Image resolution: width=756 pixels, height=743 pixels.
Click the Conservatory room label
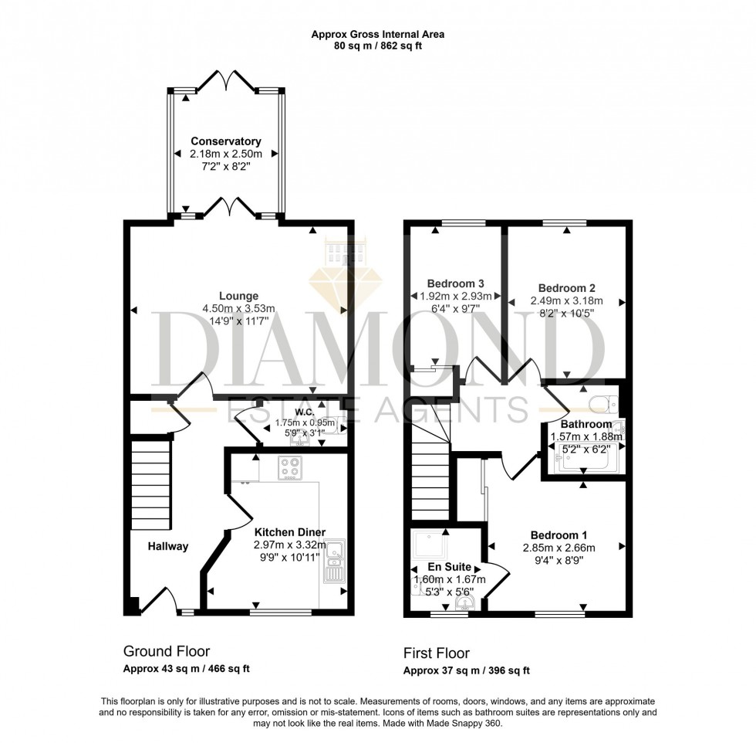[226, 141]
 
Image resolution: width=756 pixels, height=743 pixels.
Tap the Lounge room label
[238, 296]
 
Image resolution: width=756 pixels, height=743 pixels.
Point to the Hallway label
[167, 546]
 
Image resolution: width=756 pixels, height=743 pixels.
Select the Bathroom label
[586, 424]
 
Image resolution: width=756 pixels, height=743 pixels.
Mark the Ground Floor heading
[166, 652]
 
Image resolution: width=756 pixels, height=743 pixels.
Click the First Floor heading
[437, 653]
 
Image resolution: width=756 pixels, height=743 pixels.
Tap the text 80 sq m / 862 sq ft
[378, 46]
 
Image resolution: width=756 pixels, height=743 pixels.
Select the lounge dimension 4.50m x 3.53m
[238, 308]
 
